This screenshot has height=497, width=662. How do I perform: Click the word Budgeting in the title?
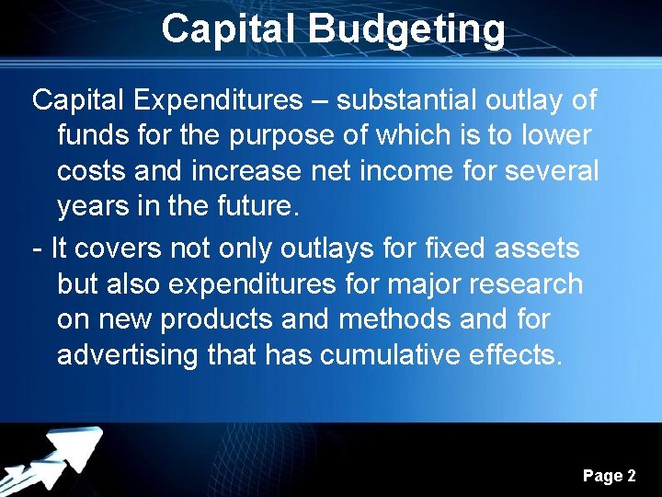coord(407,29)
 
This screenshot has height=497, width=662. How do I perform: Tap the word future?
coord(255,206)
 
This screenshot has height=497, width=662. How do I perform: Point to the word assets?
coord(538,248)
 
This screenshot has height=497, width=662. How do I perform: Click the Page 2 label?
coord(609,476)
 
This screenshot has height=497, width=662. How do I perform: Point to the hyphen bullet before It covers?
coord(36,248)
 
